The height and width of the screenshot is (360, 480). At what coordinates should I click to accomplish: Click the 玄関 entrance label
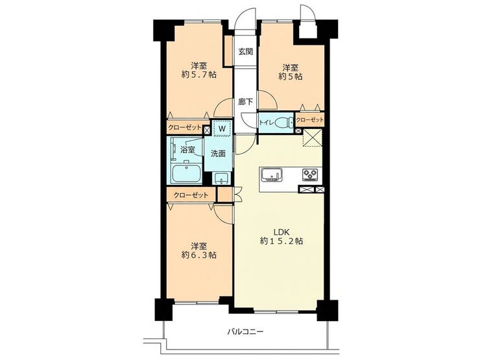point(245,51)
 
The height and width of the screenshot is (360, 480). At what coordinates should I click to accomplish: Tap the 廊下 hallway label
point(245,102)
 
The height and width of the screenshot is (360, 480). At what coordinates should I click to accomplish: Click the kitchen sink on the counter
point(272,175)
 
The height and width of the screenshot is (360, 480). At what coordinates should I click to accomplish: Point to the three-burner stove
point(311,174)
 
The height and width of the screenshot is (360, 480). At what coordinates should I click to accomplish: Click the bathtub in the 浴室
point(186,173)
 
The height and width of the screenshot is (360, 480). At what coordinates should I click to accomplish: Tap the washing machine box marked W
point(222,128)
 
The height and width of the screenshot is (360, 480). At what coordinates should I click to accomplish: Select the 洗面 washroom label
point(218,154)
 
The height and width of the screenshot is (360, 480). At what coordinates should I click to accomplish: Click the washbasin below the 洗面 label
point(221,178)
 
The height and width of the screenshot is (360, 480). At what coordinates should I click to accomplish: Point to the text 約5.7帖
point(199,75)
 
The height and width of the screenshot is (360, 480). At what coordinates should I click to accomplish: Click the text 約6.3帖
point(199,255)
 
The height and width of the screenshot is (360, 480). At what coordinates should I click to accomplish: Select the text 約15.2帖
point(282,241)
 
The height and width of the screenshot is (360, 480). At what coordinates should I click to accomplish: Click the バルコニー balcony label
point(245,331)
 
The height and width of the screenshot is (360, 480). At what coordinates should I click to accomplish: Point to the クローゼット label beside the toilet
point(310,120)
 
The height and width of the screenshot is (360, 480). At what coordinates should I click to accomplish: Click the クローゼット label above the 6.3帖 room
point(191,195)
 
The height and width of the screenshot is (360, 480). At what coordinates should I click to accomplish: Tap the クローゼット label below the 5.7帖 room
point(185,127)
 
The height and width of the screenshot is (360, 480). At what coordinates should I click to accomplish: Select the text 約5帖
point(290,77)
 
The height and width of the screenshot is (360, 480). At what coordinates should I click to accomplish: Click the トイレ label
point(267,123)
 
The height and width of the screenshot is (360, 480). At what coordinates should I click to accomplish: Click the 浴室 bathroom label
point(187,150)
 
